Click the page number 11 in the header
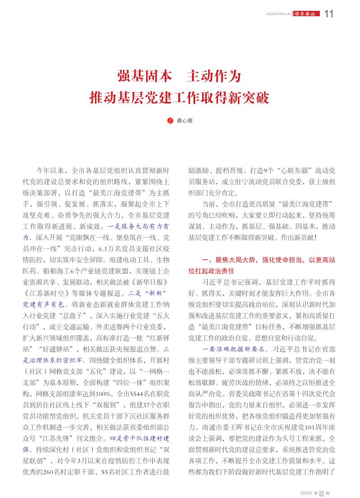click(328, 14)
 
